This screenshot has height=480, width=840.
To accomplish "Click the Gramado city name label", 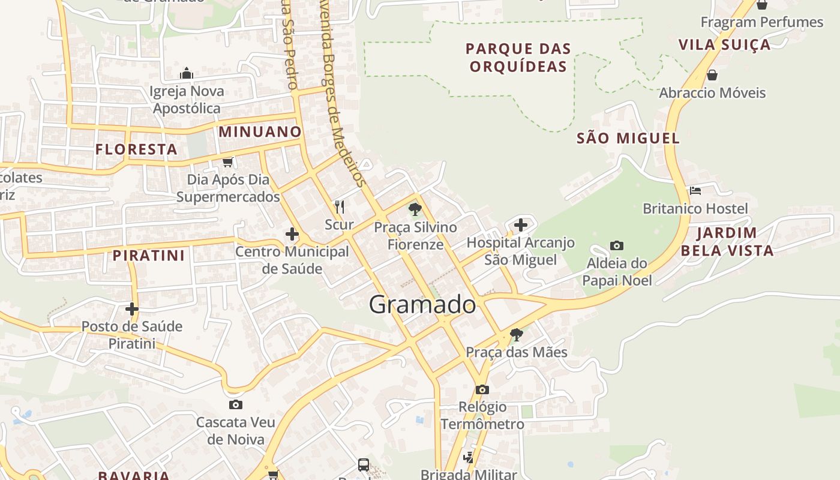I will pos(422,305).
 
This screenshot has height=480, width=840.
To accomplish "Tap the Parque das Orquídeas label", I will pos(518,57).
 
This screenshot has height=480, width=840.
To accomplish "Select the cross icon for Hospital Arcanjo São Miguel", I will pos(521,225).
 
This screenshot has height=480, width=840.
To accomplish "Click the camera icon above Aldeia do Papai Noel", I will pos(616,245).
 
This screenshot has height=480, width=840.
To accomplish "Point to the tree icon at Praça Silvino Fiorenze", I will pos(415,209).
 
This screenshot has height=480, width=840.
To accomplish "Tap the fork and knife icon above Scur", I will pos(340,207).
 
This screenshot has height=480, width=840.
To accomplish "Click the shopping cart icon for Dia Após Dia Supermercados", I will pos(227,162).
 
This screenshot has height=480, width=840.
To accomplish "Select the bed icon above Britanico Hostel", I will pos(695,191).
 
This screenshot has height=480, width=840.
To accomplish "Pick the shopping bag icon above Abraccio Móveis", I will pos(712,75).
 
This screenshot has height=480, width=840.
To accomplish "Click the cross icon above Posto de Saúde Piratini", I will pos(131,309).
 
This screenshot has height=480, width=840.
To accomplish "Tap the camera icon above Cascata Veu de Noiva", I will pos(236,404).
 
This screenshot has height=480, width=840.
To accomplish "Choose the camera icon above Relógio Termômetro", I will pos(482,389).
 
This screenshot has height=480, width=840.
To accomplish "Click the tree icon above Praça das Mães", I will pos(516,335).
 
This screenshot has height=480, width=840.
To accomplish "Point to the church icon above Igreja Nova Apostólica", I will pos(187,73).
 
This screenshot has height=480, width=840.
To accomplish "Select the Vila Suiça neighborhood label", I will pos(724,44).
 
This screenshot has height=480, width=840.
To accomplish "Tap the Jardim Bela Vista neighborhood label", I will pos(727,241).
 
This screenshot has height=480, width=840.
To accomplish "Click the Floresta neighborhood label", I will pos(136,149).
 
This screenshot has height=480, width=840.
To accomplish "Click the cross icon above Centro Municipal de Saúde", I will pos(292,233).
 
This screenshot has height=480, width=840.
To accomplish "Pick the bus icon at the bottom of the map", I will pos(364,464).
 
